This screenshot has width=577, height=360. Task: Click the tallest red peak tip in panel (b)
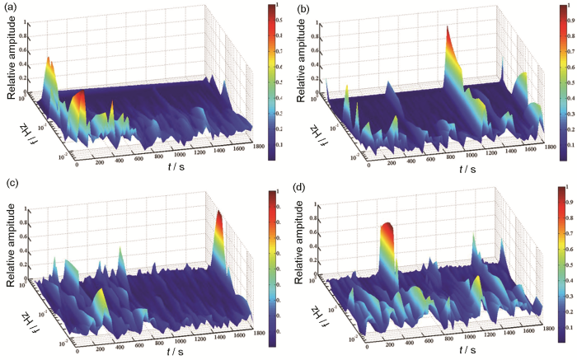pyautogui.click(x=447, y=26)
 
